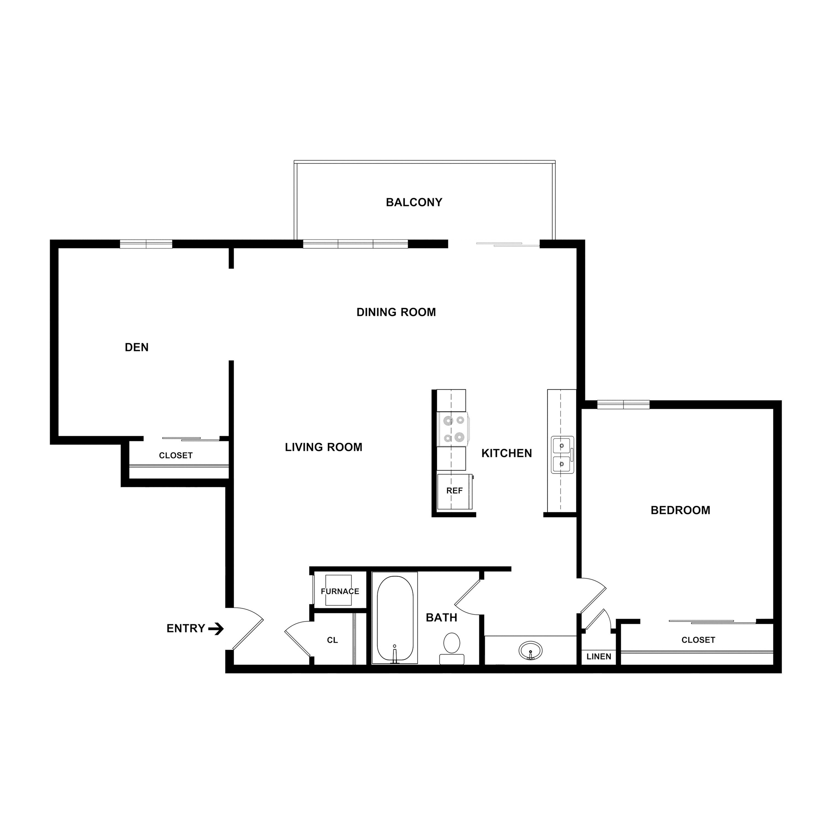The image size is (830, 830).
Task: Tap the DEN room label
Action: (x=137, y=347)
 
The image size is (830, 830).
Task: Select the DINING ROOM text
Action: (x=396, y=312)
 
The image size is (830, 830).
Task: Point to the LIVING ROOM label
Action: (x=323, y=447)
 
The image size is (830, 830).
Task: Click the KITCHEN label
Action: (x=507, y=453)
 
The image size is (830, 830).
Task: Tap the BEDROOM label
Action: (x=680, y=510)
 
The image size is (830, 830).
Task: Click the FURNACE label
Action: (x=340, y=592)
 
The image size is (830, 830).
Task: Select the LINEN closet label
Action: (x=598, y=657)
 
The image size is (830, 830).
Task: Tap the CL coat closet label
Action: (x=332, y=640)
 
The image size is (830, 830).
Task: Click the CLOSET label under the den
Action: (x=176, y=455)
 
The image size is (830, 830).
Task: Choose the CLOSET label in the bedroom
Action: (x=698, y=640)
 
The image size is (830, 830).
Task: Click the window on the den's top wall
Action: (x=146, y=244)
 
